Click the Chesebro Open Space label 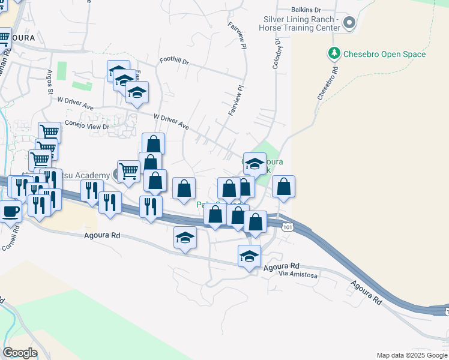point(376,54)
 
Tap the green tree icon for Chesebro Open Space point(334,53)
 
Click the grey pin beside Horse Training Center point(350,23)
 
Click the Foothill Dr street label point(174,62)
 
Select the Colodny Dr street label point(278,54)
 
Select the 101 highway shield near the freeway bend point(288,226)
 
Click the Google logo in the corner point(20,353)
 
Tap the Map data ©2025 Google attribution point(411,355)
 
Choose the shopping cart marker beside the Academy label point(128,172)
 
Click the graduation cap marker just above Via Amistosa point(249,257)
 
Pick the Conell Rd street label point(11,240)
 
